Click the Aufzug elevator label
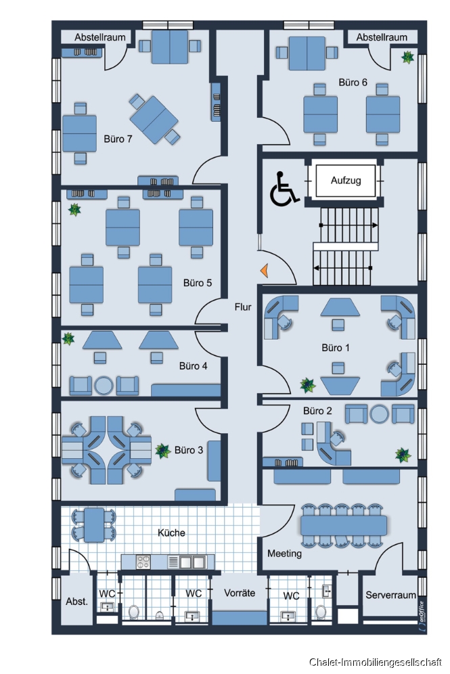click(346, 181)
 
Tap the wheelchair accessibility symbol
click(284, 188)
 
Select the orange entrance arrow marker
click(265, 271)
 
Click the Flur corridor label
click(243, 307)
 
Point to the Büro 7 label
click(118, 139)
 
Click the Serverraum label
click(390, 595)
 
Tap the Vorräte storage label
click(240, 593)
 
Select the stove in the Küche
click(143, 562)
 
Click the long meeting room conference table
click(343, 525)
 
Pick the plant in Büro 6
click(407, 57)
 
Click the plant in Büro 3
click(162, 451)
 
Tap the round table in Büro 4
click(104, 385)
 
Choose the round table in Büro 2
click(379, 414)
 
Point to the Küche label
click(171, 533)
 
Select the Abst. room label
click(77, 602)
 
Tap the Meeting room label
click(284, 554)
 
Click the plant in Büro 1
click(308, 385)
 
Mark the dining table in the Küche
click(94, 525)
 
